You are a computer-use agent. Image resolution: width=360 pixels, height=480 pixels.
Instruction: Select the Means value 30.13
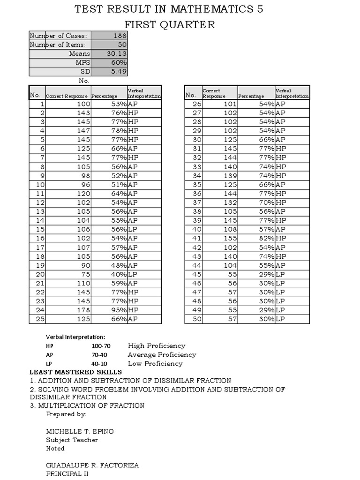coord(116,53)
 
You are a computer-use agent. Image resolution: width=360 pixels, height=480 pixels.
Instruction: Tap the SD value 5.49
coord(118,71)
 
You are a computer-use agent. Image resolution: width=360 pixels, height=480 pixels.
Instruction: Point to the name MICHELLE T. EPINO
coord(80,431)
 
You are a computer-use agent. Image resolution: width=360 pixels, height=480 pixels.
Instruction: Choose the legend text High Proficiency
coord(157,345)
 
